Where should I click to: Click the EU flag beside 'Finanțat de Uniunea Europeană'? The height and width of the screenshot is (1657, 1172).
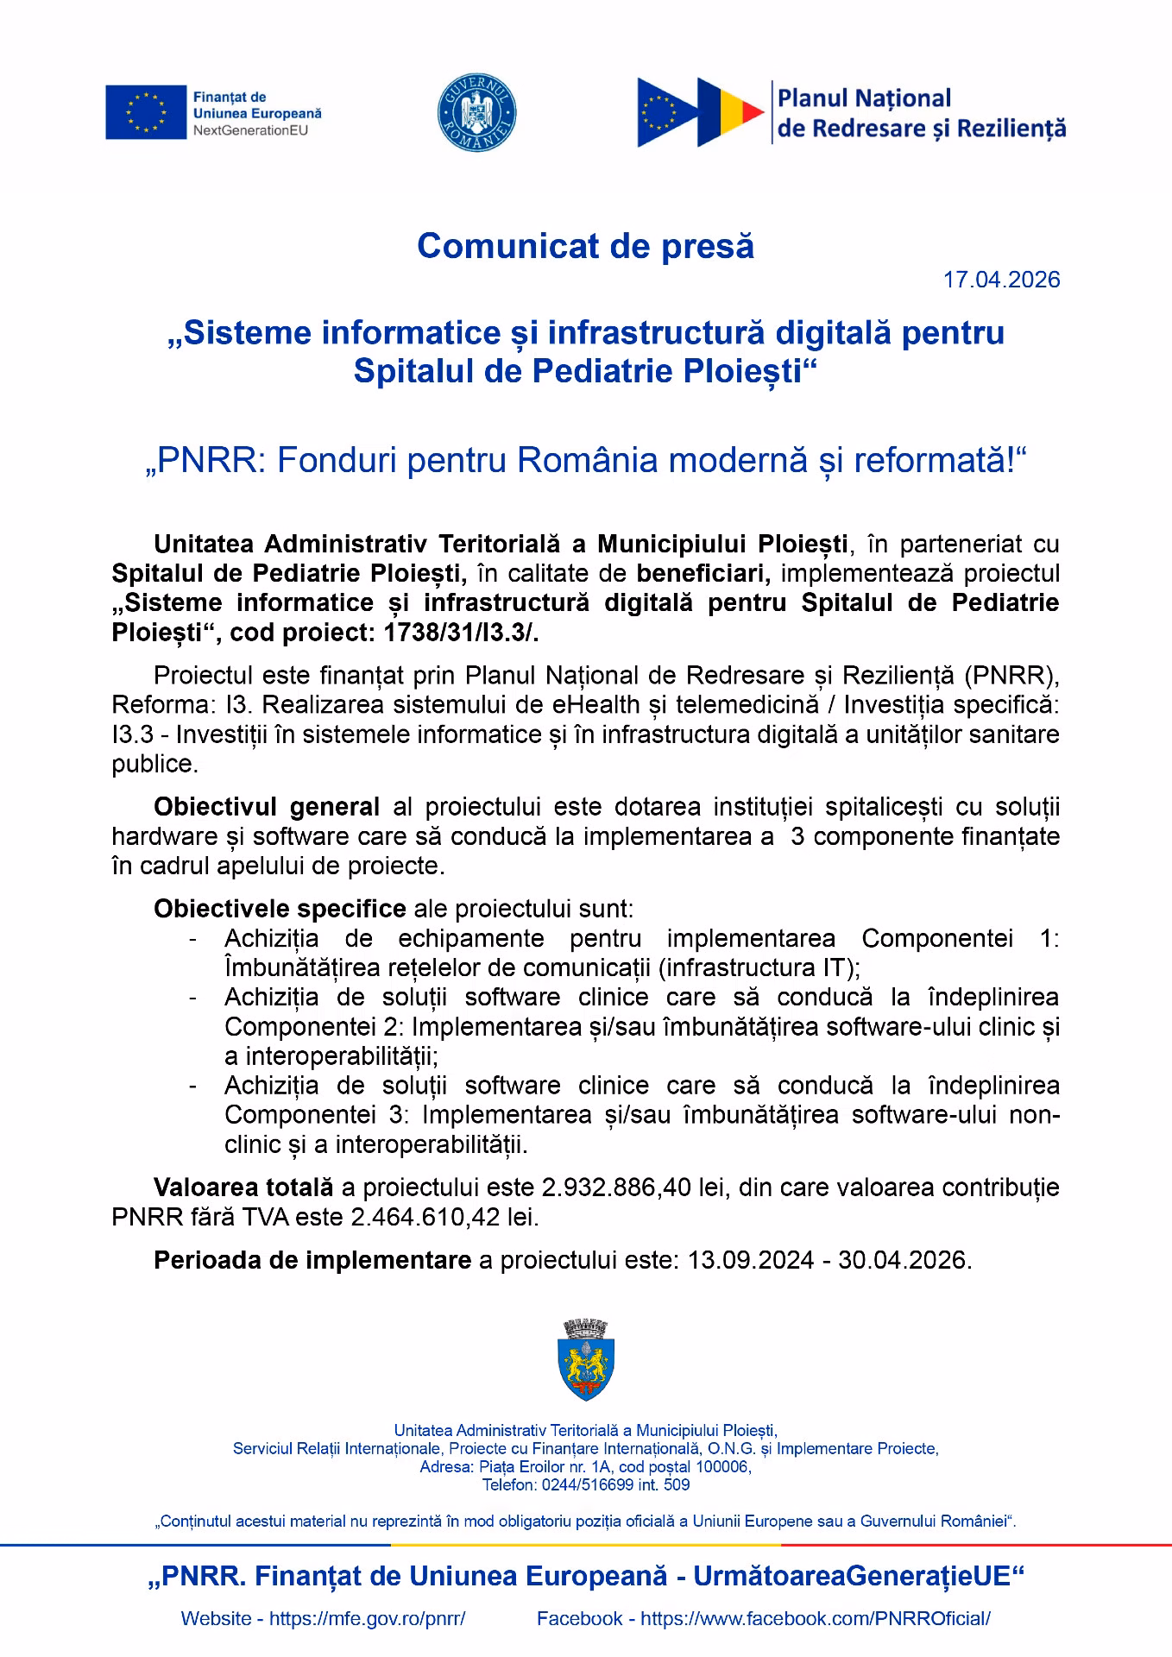click(x=146, y=112)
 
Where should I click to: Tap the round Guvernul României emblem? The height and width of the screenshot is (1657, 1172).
click(x=477, y=112)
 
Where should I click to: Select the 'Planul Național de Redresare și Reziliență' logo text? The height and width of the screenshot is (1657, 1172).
click(x=921, y=113)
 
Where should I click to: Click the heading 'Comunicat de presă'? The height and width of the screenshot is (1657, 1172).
click(x=585, y=246)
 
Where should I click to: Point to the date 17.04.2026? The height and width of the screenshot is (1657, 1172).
click(x=1001, y=280)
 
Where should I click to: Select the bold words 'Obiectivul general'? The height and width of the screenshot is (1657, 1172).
click(x=267, y=807)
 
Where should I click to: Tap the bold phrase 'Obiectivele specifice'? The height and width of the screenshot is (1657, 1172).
click(x=280, y=909)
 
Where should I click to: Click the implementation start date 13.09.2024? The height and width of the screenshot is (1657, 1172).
click(x=749, y=1260)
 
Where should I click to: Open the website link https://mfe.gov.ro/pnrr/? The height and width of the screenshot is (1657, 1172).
click(x=368, y=1619)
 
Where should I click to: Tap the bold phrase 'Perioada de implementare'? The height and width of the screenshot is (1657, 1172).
click(x=312, y=1260)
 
